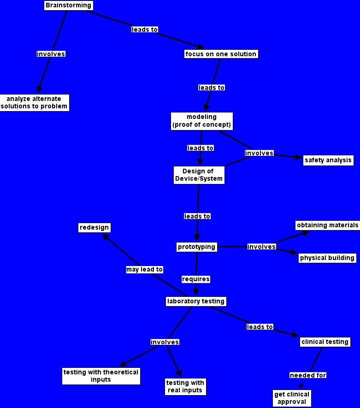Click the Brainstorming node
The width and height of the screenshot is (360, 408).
[x=69, y=6]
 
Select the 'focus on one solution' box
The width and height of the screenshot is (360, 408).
[x=220, y=54]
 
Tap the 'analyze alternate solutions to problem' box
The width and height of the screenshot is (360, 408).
[x=34, y=103]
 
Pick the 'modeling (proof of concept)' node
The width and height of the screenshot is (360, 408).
[x=201, y=121]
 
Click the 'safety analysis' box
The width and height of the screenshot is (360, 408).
[x=328, y=160]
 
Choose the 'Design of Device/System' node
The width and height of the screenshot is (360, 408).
[x=199, y=175]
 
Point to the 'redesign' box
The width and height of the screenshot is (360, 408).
[x=94, y=228]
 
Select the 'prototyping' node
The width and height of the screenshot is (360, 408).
[x=196, y=247]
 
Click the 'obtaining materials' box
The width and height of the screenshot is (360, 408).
[x=327, y=225]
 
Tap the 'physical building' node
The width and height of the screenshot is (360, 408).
[x=327, y=258]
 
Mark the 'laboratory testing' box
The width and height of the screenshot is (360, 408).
[x=196, y=302]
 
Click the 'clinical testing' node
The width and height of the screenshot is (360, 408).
[x=325, y=342]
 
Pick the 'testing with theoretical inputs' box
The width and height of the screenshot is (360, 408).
[x=100, y=376]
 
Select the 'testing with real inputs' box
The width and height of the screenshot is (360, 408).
[x=184, y=386]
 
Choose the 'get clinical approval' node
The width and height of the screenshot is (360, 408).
[x=292, y=398]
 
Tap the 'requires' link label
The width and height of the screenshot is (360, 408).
[x=196, y=279]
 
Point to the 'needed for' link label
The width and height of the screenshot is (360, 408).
[x=307, y=375]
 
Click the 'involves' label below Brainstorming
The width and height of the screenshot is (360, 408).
[x=51, y=54]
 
